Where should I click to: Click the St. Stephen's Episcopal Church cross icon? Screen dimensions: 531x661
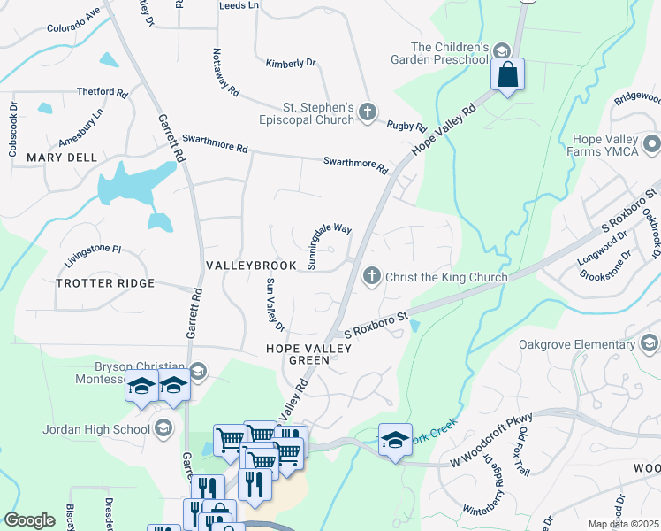click(368, 112)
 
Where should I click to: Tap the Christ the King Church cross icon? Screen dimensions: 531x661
click(372, 276)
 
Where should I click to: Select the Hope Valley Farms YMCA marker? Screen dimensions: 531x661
click(652, 142)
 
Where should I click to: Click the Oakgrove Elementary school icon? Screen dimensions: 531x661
click(651, 342)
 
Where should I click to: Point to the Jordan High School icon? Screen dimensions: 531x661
click(163, 429)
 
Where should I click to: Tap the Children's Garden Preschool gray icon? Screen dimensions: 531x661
click(502, 51)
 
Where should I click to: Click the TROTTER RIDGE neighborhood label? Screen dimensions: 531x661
click(105, 283)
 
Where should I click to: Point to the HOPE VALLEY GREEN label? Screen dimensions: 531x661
click(309, 354)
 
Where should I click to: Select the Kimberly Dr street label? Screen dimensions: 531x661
click(291, 64)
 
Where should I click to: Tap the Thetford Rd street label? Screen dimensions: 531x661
click(103, 92)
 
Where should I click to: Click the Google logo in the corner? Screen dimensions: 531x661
click(29, 520)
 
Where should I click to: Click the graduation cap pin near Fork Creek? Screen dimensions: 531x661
click(394, 440)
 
